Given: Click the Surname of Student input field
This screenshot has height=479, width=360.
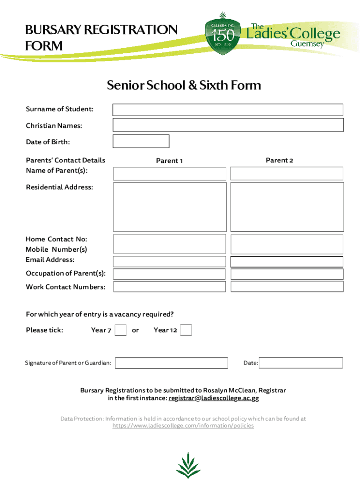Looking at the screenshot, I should click(x=228, y=110).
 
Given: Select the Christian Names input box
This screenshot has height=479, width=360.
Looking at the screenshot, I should click(x=228, y=125).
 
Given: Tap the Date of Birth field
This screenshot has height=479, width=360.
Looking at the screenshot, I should click(x=141, y=141).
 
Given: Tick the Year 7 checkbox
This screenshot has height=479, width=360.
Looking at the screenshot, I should click(x=121, y=330).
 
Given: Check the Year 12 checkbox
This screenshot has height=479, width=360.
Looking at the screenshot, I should click(x=186, y=330).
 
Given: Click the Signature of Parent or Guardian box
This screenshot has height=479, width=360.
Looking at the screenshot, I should click(x=171, y=363).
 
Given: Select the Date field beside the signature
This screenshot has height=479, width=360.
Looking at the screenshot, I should click(x=301, y=363).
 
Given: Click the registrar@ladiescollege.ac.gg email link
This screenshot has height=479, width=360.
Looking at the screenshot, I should click(x=214, y=399).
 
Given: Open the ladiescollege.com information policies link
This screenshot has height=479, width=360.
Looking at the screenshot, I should click(x=183, y=426).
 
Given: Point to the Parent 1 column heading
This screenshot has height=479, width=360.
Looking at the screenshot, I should click(x=169, y=161).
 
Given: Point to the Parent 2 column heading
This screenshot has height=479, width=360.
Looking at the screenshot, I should click(x=279, y=160).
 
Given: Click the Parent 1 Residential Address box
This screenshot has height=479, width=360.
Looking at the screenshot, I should click(x=170, y=207).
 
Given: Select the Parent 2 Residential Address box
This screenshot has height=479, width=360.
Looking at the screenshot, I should click(x=287, y=207).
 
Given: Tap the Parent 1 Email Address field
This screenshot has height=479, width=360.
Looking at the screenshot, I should click(x=170, y=261).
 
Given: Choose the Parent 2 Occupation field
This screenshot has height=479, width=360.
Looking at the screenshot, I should click(x=287, y=274).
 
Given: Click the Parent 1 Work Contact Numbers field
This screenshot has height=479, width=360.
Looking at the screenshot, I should click(x=170, y=286).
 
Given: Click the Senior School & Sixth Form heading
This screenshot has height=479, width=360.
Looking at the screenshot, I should click(x=184, y=86).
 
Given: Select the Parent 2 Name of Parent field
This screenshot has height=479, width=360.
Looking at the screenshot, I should click(x=287, y=174).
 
